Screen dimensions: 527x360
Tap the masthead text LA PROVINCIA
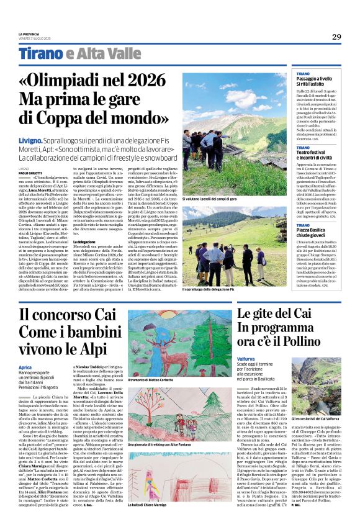pos(29,34)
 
